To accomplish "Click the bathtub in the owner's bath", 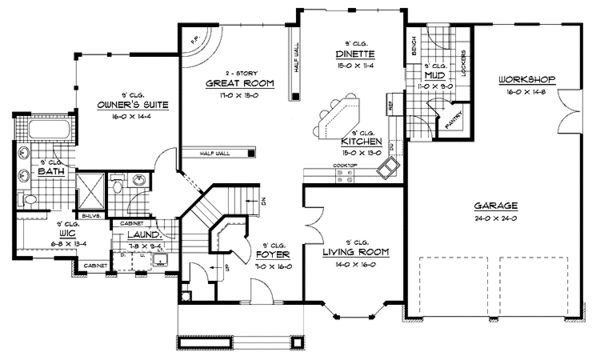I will pyautogui.click(x=39, y=132).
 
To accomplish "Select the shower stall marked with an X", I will pyautogui.click(x=87, y=186).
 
